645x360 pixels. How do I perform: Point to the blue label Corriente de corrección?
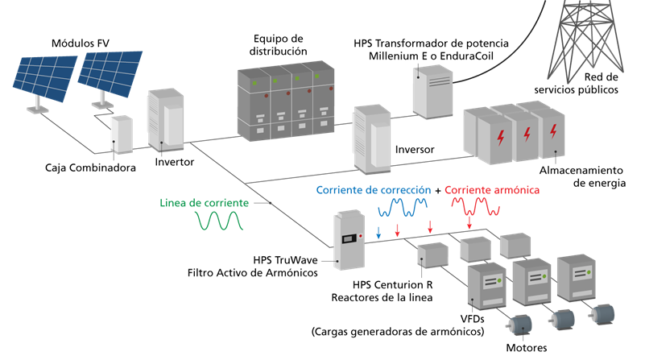373,190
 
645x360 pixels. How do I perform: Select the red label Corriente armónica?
491,190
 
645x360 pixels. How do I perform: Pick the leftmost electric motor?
519,324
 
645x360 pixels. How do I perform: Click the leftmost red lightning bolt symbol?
500,138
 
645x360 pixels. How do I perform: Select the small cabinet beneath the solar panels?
121,134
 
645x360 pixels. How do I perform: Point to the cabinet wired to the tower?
428,91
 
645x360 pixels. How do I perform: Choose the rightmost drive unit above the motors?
576,278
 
